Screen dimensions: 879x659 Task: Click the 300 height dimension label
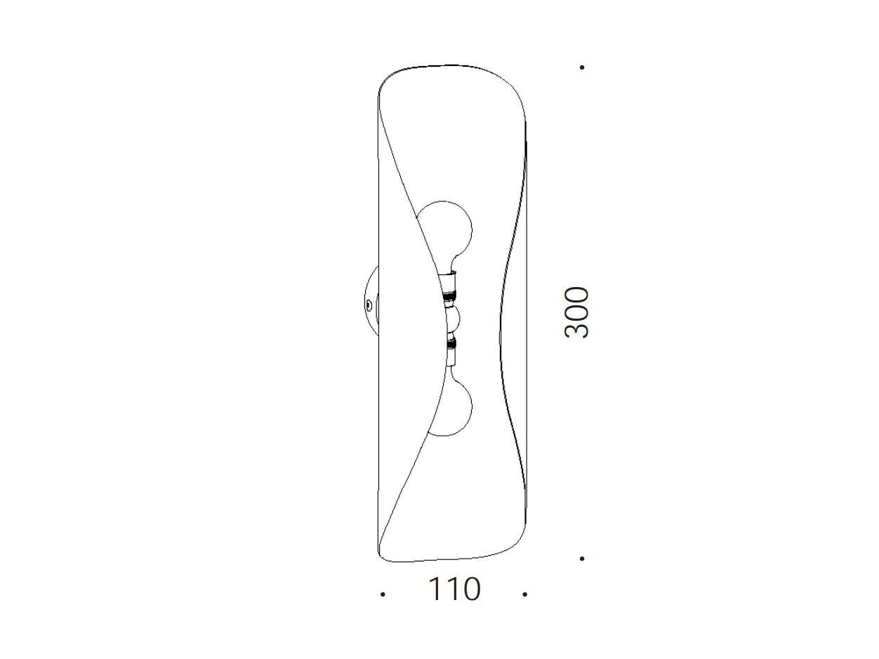(x=576, y=312)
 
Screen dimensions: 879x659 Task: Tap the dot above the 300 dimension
(x=582, y=67)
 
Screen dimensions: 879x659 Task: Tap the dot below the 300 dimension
(x=582, y=559)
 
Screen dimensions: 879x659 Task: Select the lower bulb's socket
(x=451, y=352)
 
